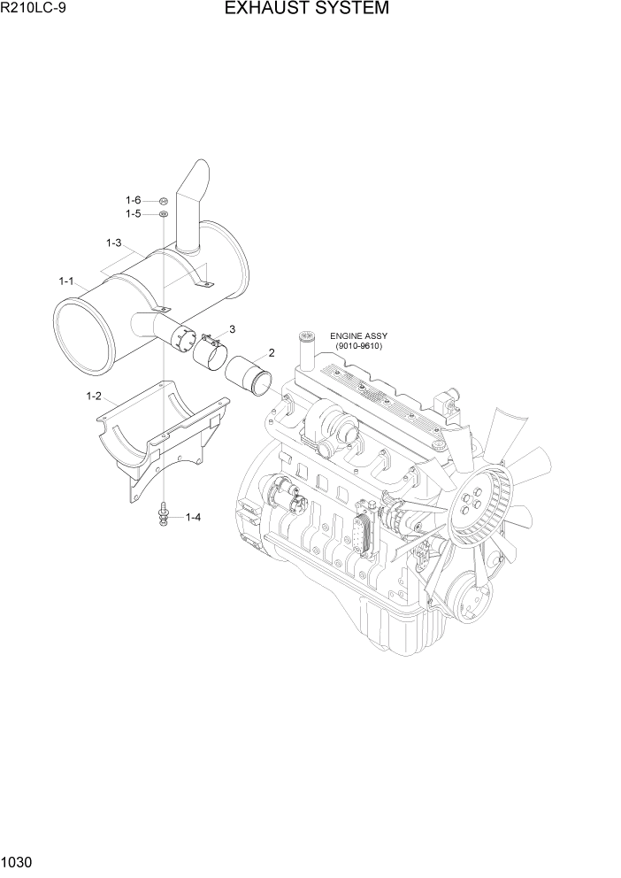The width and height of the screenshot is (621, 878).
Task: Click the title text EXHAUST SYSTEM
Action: pyautogui.click(x=306, y=10)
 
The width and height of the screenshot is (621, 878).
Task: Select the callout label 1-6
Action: pyautogui.click(x=133, y=200)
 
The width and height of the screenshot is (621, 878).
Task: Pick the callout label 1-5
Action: pyautogui.click(x=133, y=214)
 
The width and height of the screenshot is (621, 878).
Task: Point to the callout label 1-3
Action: pyautogui.click(x=113, y=243)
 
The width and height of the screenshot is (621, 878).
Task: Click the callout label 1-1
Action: pyautogui.click(x=66, y=281)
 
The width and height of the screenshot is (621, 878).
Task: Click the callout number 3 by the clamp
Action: pyautogui.click(x=232, y=329)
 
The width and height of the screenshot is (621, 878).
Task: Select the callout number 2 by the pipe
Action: pyautogui.click(x=271, y=352)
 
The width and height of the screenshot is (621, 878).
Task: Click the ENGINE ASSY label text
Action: pyautogui.click(x=358, y=336)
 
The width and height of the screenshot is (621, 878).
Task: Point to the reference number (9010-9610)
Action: pyautogui.click(x=358, y=347)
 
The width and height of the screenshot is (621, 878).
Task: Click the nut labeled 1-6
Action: pyautogui.click(x=165, y=201)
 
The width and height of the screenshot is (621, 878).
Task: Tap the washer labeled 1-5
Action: pyautogui.click(x=165, y=214)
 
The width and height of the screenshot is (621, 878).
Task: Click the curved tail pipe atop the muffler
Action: pyautogui.click(x=190, y=204)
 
